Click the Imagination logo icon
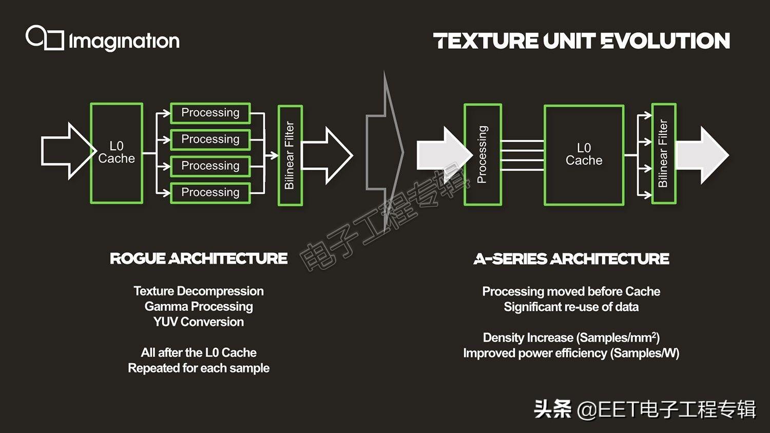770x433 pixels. [x=44, y=38]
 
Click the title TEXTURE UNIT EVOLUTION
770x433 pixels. [x=581, y=41]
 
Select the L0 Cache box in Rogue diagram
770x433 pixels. [x=117, y=153]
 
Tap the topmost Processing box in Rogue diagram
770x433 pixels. [x=210, y=113]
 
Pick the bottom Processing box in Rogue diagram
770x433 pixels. [x=210, y=192]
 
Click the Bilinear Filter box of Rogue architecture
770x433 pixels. [x=290, y=155]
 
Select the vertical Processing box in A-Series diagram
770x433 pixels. [x=482, y=154]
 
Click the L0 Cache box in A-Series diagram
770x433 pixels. [x=584, y=154]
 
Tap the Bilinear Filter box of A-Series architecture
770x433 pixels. [x=663, y=153]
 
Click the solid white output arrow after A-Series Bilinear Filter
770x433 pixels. [x=702, y=155]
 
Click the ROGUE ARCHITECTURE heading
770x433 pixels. [x=199, y=259]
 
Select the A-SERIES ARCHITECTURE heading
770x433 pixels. [x=571, y=259]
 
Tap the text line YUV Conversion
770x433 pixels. [x=199, y=322]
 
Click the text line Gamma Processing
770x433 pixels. [x=199, y=307]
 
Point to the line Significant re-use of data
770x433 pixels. [x=571, y=307]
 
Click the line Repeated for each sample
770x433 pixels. [x=199, y=368]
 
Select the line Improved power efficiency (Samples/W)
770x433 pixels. [x=571, y=353]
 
